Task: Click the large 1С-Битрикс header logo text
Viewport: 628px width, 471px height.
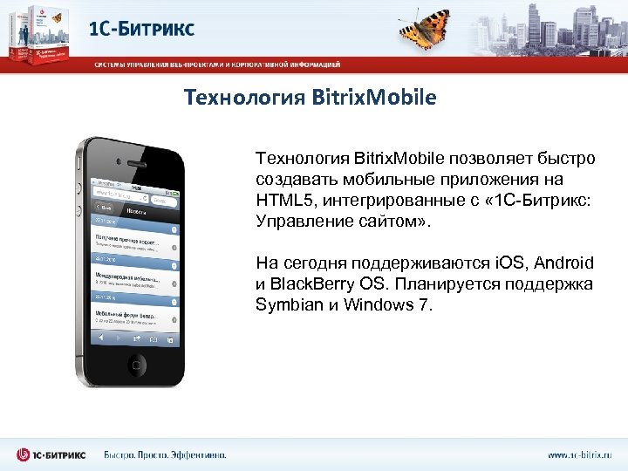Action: pos(141,28)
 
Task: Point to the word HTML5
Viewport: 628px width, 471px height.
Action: pos(279,200)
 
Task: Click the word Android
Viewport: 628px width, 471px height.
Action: pos(563,263)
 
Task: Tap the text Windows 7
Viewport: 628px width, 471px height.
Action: pos(387,304)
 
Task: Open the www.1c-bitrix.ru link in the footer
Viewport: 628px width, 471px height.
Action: pos(580,454)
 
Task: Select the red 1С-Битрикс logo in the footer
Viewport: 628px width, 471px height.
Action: pos(53,454)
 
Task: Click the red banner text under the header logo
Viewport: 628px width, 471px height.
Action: pos(218,64)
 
